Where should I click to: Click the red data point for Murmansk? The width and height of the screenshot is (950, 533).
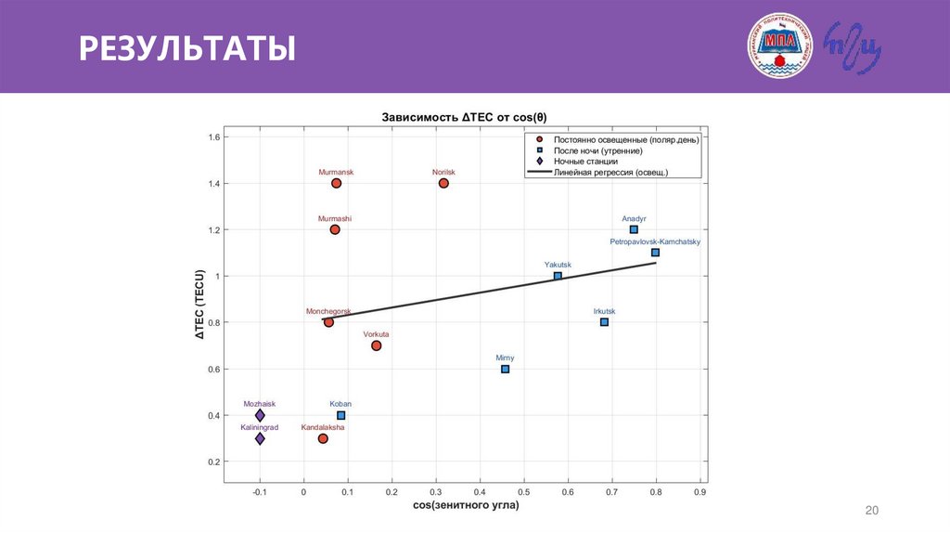336,183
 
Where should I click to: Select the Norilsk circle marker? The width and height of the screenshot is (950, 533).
443,183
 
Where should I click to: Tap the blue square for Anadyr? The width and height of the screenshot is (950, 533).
634,229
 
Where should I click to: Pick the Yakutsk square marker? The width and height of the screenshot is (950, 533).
558,276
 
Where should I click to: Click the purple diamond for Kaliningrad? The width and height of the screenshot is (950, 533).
260,438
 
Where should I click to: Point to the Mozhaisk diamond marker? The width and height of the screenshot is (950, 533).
260,415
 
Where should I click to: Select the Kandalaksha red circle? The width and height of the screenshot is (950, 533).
323,438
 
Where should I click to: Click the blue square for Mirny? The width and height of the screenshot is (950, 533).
505,369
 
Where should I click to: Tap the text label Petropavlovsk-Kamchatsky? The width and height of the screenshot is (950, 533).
655,241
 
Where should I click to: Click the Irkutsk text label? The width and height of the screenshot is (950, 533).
604,311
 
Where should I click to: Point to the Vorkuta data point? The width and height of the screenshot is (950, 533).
376,345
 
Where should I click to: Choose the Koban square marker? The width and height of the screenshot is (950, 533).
340,415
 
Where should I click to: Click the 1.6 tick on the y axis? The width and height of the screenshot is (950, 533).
213,137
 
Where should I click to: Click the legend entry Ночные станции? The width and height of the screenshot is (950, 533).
585,161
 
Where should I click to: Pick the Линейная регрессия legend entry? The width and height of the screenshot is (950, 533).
610,172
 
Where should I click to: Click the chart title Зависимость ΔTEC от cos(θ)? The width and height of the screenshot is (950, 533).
464,118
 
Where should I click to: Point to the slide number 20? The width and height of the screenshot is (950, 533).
871,511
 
